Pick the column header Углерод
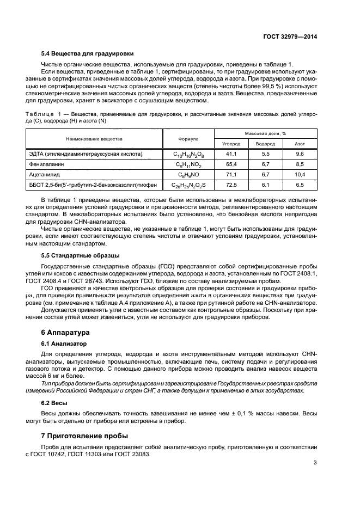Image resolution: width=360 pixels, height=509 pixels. (x=231, y=144)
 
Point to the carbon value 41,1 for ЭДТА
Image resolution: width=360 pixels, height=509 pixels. (x=231, y=154)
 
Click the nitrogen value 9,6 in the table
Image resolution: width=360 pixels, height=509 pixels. (x=300, y=154)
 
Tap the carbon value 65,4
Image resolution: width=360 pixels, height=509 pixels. (x=231, y=164)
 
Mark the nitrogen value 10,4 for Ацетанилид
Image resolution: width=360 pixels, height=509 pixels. (x=300, y=174)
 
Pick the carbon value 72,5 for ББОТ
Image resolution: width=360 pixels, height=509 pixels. (x=231, y=185)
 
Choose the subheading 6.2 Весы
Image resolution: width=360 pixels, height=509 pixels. (x=56, y=403)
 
